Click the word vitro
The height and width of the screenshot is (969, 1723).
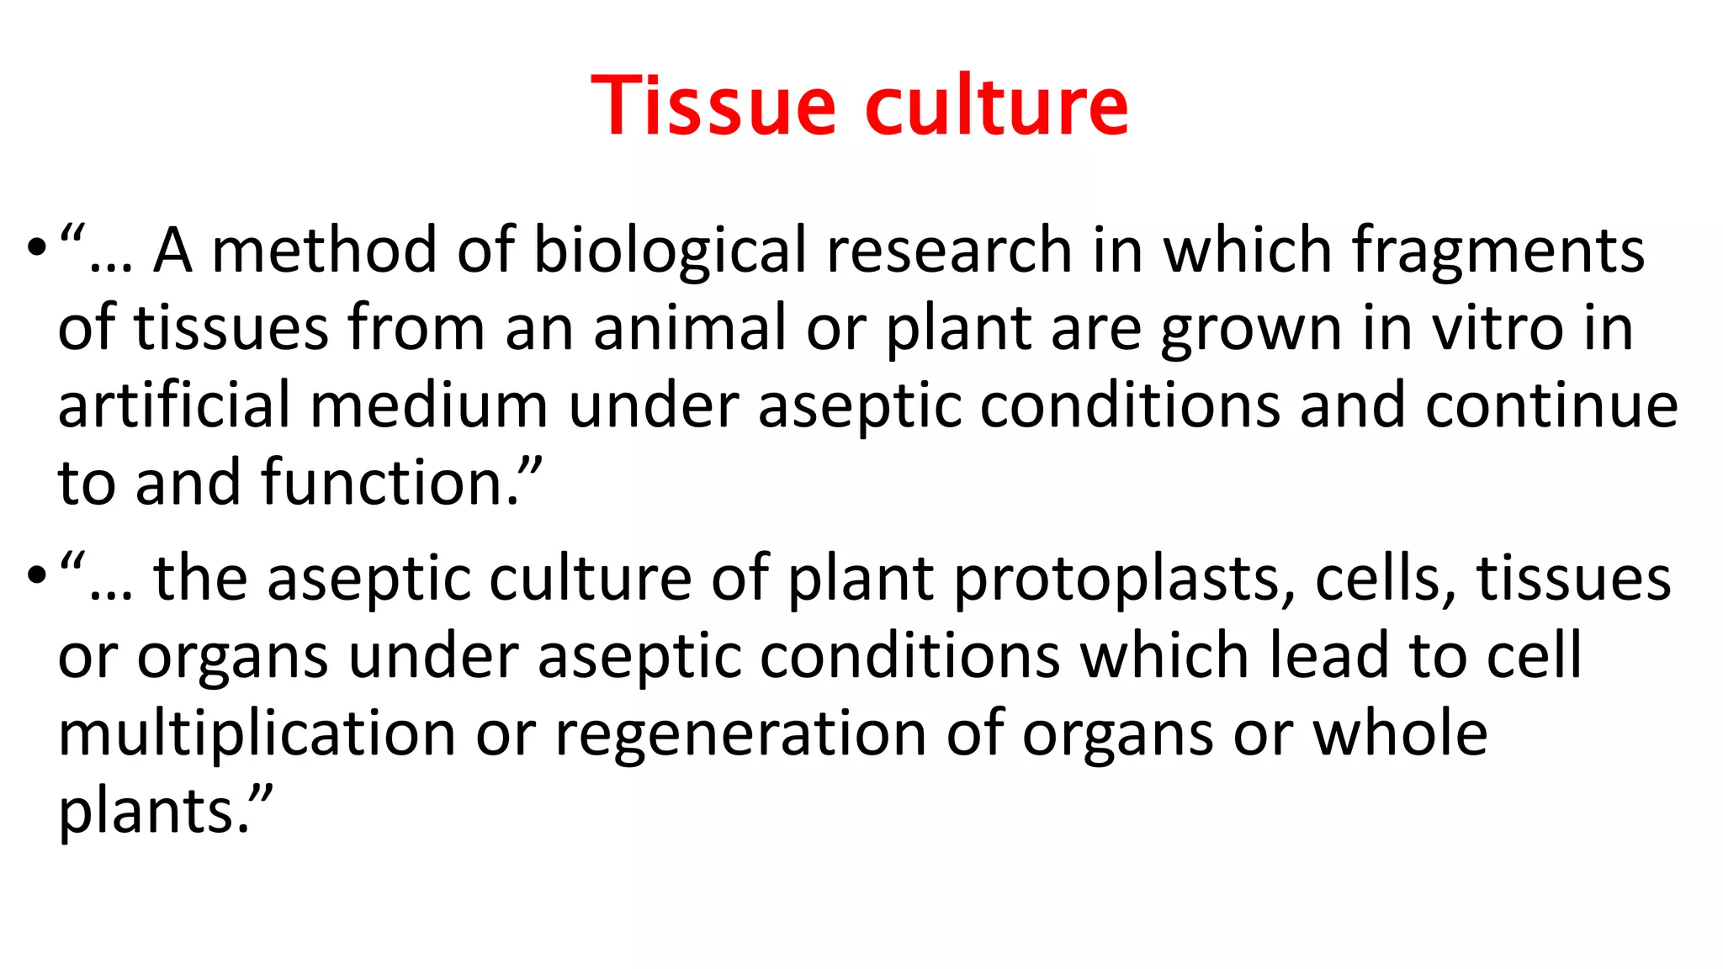pos(1498,327)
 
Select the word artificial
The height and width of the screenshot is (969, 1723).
pos(174,405)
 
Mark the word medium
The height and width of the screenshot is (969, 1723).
pos(429,405)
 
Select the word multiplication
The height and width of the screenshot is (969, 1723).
pos(257,733)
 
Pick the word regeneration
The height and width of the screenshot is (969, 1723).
pos(740,733)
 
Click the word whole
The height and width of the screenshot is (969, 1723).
pos(1400,733)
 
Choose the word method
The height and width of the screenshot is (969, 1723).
pos(324,251)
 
